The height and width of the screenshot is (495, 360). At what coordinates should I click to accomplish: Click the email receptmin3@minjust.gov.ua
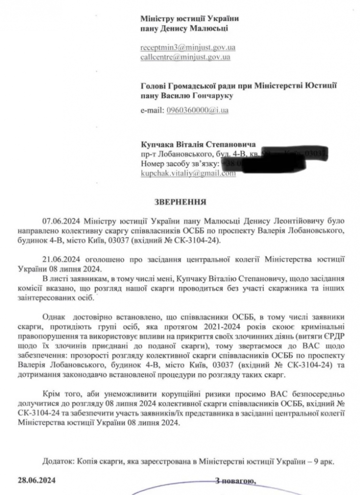click(188, 47)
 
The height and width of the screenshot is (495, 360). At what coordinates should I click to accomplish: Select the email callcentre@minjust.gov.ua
click(186, 57)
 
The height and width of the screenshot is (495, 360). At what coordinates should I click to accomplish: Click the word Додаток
click(57, 461)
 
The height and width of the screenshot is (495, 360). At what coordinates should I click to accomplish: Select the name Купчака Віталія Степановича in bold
click(198, 145)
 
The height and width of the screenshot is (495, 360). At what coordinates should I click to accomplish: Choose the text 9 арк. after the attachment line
click(324, 461)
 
